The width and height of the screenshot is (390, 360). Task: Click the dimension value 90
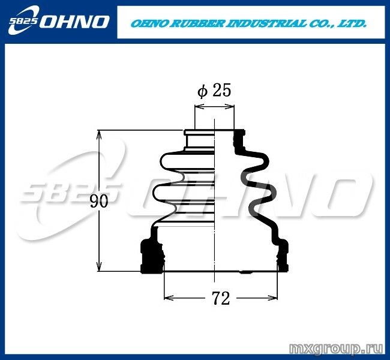pos(99,201)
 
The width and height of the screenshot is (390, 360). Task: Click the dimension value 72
pos(221,298)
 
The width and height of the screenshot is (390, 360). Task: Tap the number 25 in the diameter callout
pos(222,90)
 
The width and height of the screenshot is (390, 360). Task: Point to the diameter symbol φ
pos(202,91)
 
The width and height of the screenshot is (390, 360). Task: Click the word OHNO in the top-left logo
pos(74,22)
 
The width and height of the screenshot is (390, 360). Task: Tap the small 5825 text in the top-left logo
pos(23,22)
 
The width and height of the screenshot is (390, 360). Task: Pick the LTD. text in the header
pos(353,24)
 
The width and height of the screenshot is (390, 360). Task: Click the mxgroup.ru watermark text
pos(336,349)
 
